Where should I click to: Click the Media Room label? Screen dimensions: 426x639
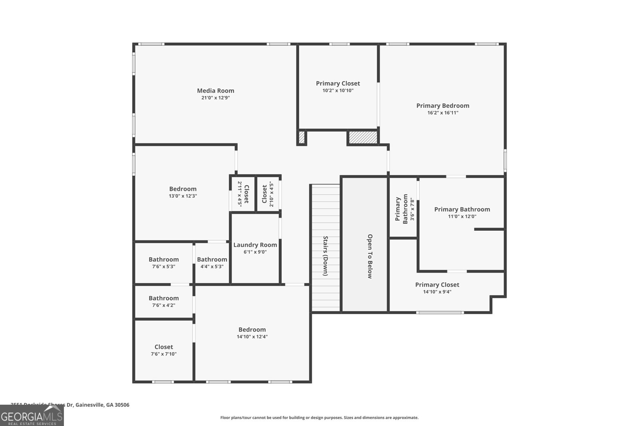(216, 91)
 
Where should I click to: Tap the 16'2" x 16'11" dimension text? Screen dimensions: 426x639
(443, 113)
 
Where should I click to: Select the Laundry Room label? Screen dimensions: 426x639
(255, 245)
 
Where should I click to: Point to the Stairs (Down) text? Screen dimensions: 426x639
(325, 256)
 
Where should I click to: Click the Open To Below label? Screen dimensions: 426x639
(370, 256)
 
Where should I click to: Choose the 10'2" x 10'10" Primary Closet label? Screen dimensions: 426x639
(338, 83)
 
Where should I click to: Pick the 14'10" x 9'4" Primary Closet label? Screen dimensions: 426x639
(437, 285)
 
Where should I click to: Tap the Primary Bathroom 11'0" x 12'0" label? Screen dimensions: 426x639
(462, 210)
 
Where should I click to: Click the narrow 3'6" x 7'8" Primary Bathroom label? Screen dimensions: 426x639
(402, 208)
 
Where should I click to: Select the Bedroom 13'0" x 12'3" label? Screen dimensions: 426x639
(183, 189)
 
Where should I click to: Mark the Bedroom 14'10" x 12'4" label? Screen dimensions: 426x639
(252, 330)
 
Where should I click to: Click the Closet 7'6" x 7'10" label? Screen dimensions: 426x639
(164, 347)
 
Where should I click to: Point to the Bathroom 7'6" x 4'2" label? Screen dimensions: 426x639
(164, 299)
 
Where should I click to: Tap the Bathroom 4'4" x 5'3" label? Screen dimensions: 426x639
(212, 260)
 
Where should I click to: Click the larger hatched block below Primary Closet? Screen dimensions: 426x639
(363, 137)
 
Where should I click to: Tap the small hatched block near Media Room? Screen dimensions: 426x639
(302, 137)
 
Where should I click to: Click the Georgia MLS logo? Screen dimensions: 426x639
(32, 416)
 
